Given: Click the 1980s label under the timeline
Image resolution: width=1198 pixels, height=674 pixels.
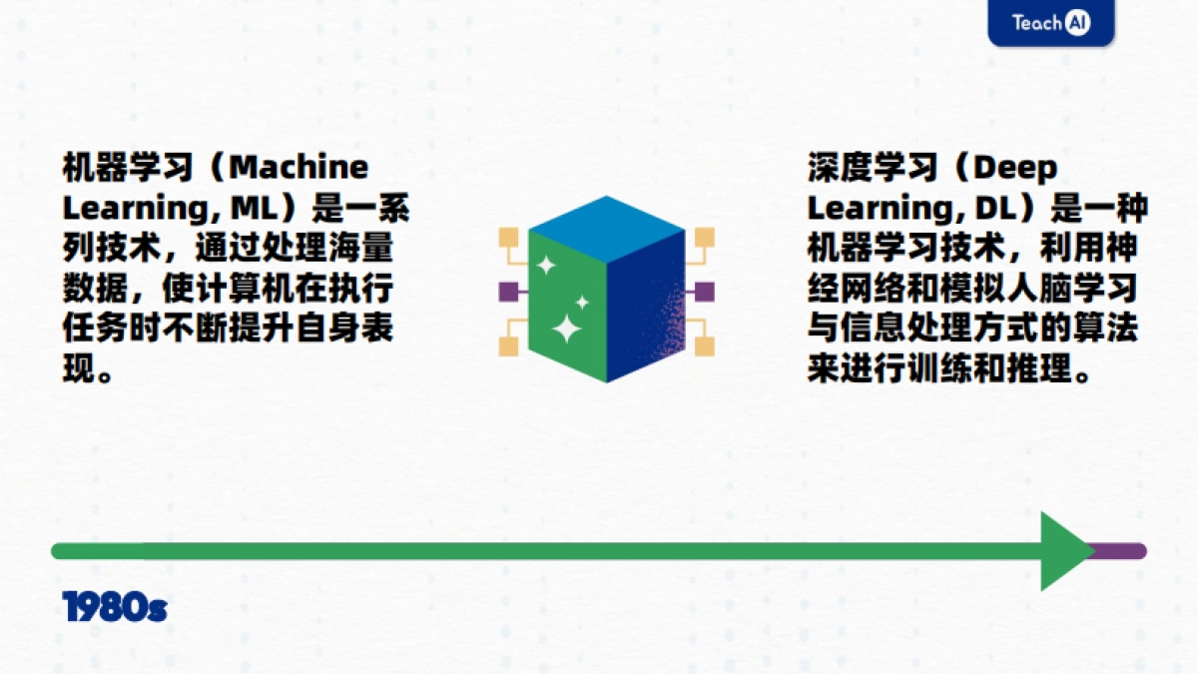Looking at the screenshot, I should pos(114,607).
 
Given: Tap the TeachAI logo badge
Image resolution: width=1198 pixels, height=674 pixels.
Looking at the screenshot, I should pos(1050,23).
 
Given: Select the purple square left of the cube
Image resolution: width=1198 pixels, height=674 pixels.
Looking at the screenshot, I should pos(508,292).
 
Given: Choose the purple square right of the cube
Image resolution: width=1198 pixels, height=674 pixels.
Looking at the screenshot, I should pos(705,292).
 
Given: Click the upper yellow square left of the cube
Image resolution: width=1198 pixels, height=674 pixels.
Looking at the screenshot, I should pos(509,238).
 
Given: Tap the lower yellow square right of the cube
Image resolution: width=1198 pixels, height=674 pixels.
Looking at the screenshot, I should pos(705,346).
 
